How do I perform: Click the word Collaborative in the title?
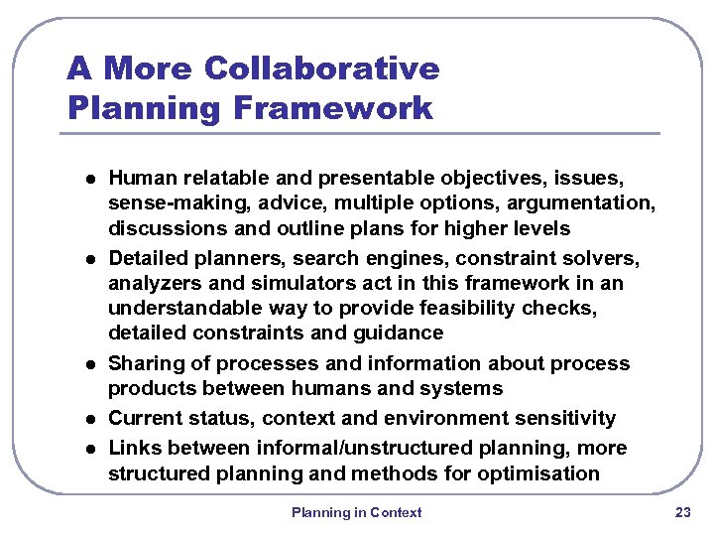coord(321,68)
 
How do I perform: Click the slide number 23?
coord(682,512)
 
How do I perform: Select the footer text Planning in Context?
coord(356,512)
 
